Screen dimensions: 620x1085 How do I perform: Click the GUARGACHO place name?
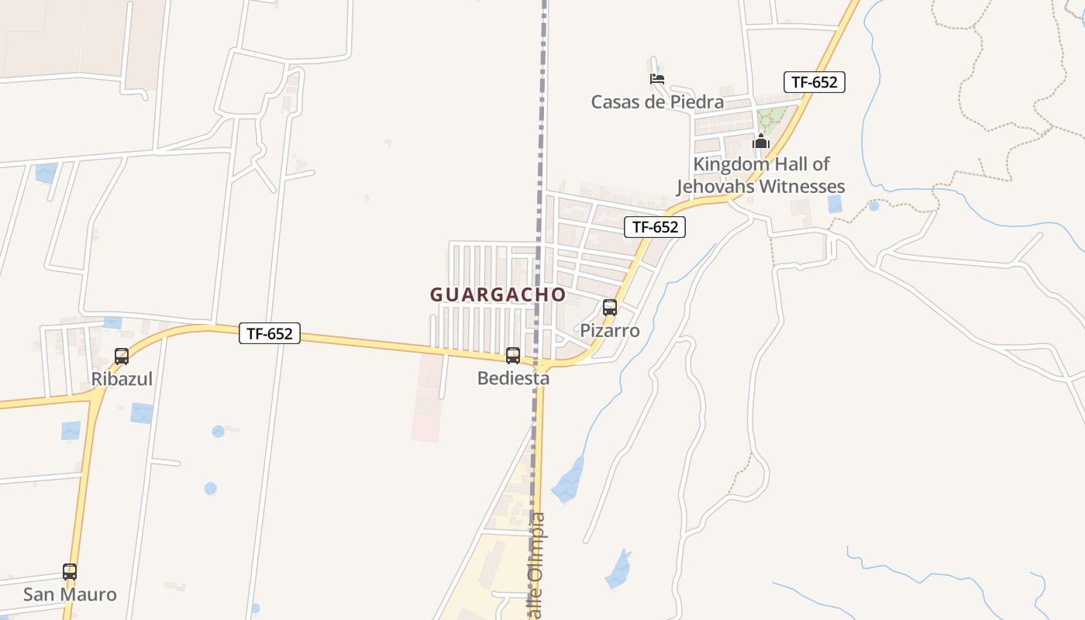click(x=498, y=295)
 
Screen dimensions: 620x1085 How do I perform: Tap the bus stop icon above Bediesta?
click(x=512, y=356)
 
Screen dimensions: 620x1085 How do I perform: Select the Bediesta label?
click(x=513, y=378)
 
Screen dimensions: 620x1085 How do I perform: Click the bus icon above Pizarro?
click(x=610, y=308)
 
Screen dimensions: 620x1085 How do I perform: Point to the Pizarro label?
click(x=610, y=331)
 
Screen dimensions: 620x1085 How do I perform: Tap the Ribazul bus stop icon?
click(x=122, y=356)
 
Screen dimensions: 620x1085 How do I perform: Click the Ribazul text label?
click(x=122, y=379)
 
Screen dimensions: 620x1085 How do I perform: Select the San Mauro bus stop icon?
click(x=70, y=572)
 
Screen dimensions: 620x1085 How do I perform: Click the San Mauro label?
click(x=70, y=594)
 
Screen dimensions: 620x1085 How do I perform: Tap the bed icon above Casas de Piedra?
click(x=657, y=79)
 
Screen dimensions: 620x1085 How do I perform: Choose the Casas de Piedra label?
click(x=657, y=102)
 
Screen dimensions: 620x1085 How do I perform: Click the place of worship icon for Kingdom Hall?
click(x=760, y=142)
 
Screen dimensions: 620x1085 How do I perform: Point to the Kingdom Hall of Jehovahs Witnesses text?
click(x=761, y=175)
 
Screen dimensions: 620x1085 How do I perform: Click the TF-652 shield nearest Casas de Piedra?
click(x=814, y=82)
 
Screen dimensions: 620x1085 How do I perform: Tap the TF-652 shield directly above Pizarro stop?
click(x=655, y=227)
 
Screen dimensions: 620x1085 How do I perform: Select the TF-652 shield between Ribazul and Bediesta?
click(x=269, y=333)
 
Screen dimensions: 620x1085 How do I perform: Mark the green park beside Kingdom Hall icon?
click(x=770, y=120)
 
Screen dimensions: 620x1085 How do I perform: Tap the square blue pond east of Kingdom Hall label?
click(x=835, y=204)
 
